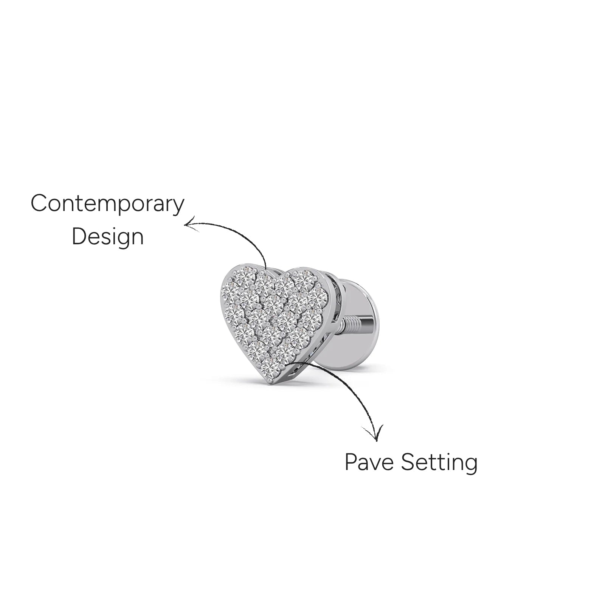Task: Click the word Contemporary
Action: click(107, 205)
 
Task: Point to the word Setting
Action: click(439, 463)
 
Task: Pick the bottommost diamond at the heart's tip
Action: click(270, 366)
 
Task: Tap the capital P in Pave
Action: click(351, 462)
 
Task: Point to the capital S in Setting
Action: click(408, 462)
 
